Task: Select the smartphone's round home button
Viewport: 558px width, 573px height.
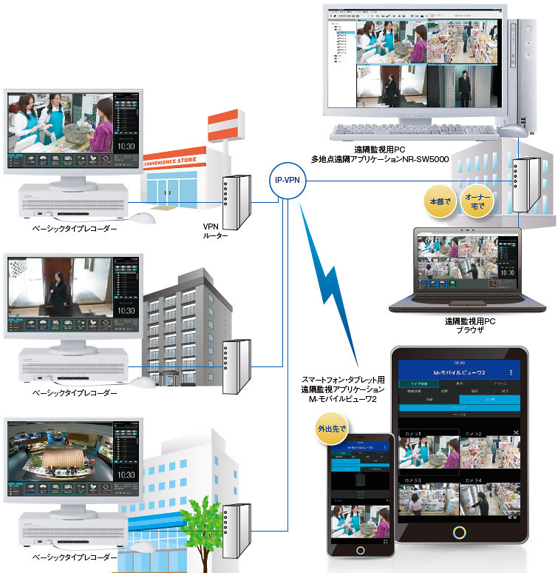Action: [x=361, y=551]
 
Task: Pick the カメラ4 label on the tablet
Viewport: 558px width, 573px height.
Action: [x=473, y=481]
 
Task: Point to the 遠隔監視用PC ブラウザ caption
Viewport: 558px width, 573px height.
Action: [x=469, y=326]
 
